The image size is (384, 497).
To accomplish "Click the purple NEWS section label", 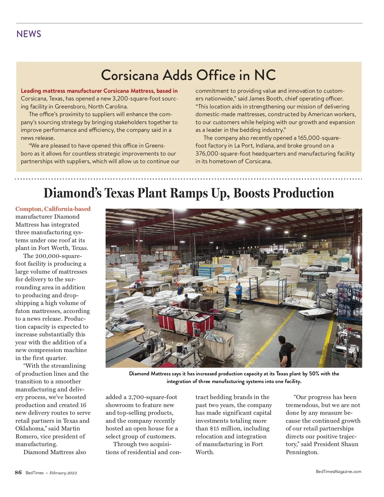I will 29,34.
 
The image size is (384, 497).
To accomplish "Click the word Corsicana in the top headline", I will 130,75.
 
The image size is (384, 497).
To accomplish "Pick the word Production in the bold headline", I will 304,193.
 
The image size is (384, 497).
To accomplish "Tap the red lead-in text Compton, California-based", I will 53,209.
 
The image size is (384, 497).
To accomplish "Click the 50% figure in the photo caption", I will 314,373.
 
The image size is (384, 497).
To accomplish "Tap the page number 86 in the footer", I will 18,473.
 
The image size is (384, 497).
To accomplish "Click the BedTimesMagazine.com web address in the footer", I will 338,471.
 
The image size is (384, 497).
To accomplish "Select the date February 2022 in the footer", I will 63,473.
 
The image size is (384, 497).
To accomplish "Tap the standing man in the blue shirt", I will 239,293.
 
